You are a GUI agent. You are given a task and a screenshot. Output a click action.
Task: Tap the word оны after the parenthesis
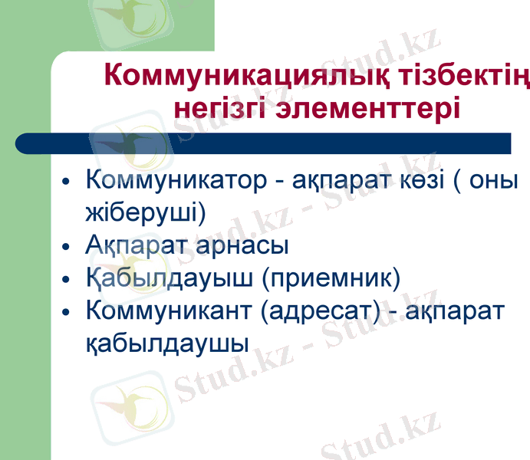[x=496, y=181]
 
